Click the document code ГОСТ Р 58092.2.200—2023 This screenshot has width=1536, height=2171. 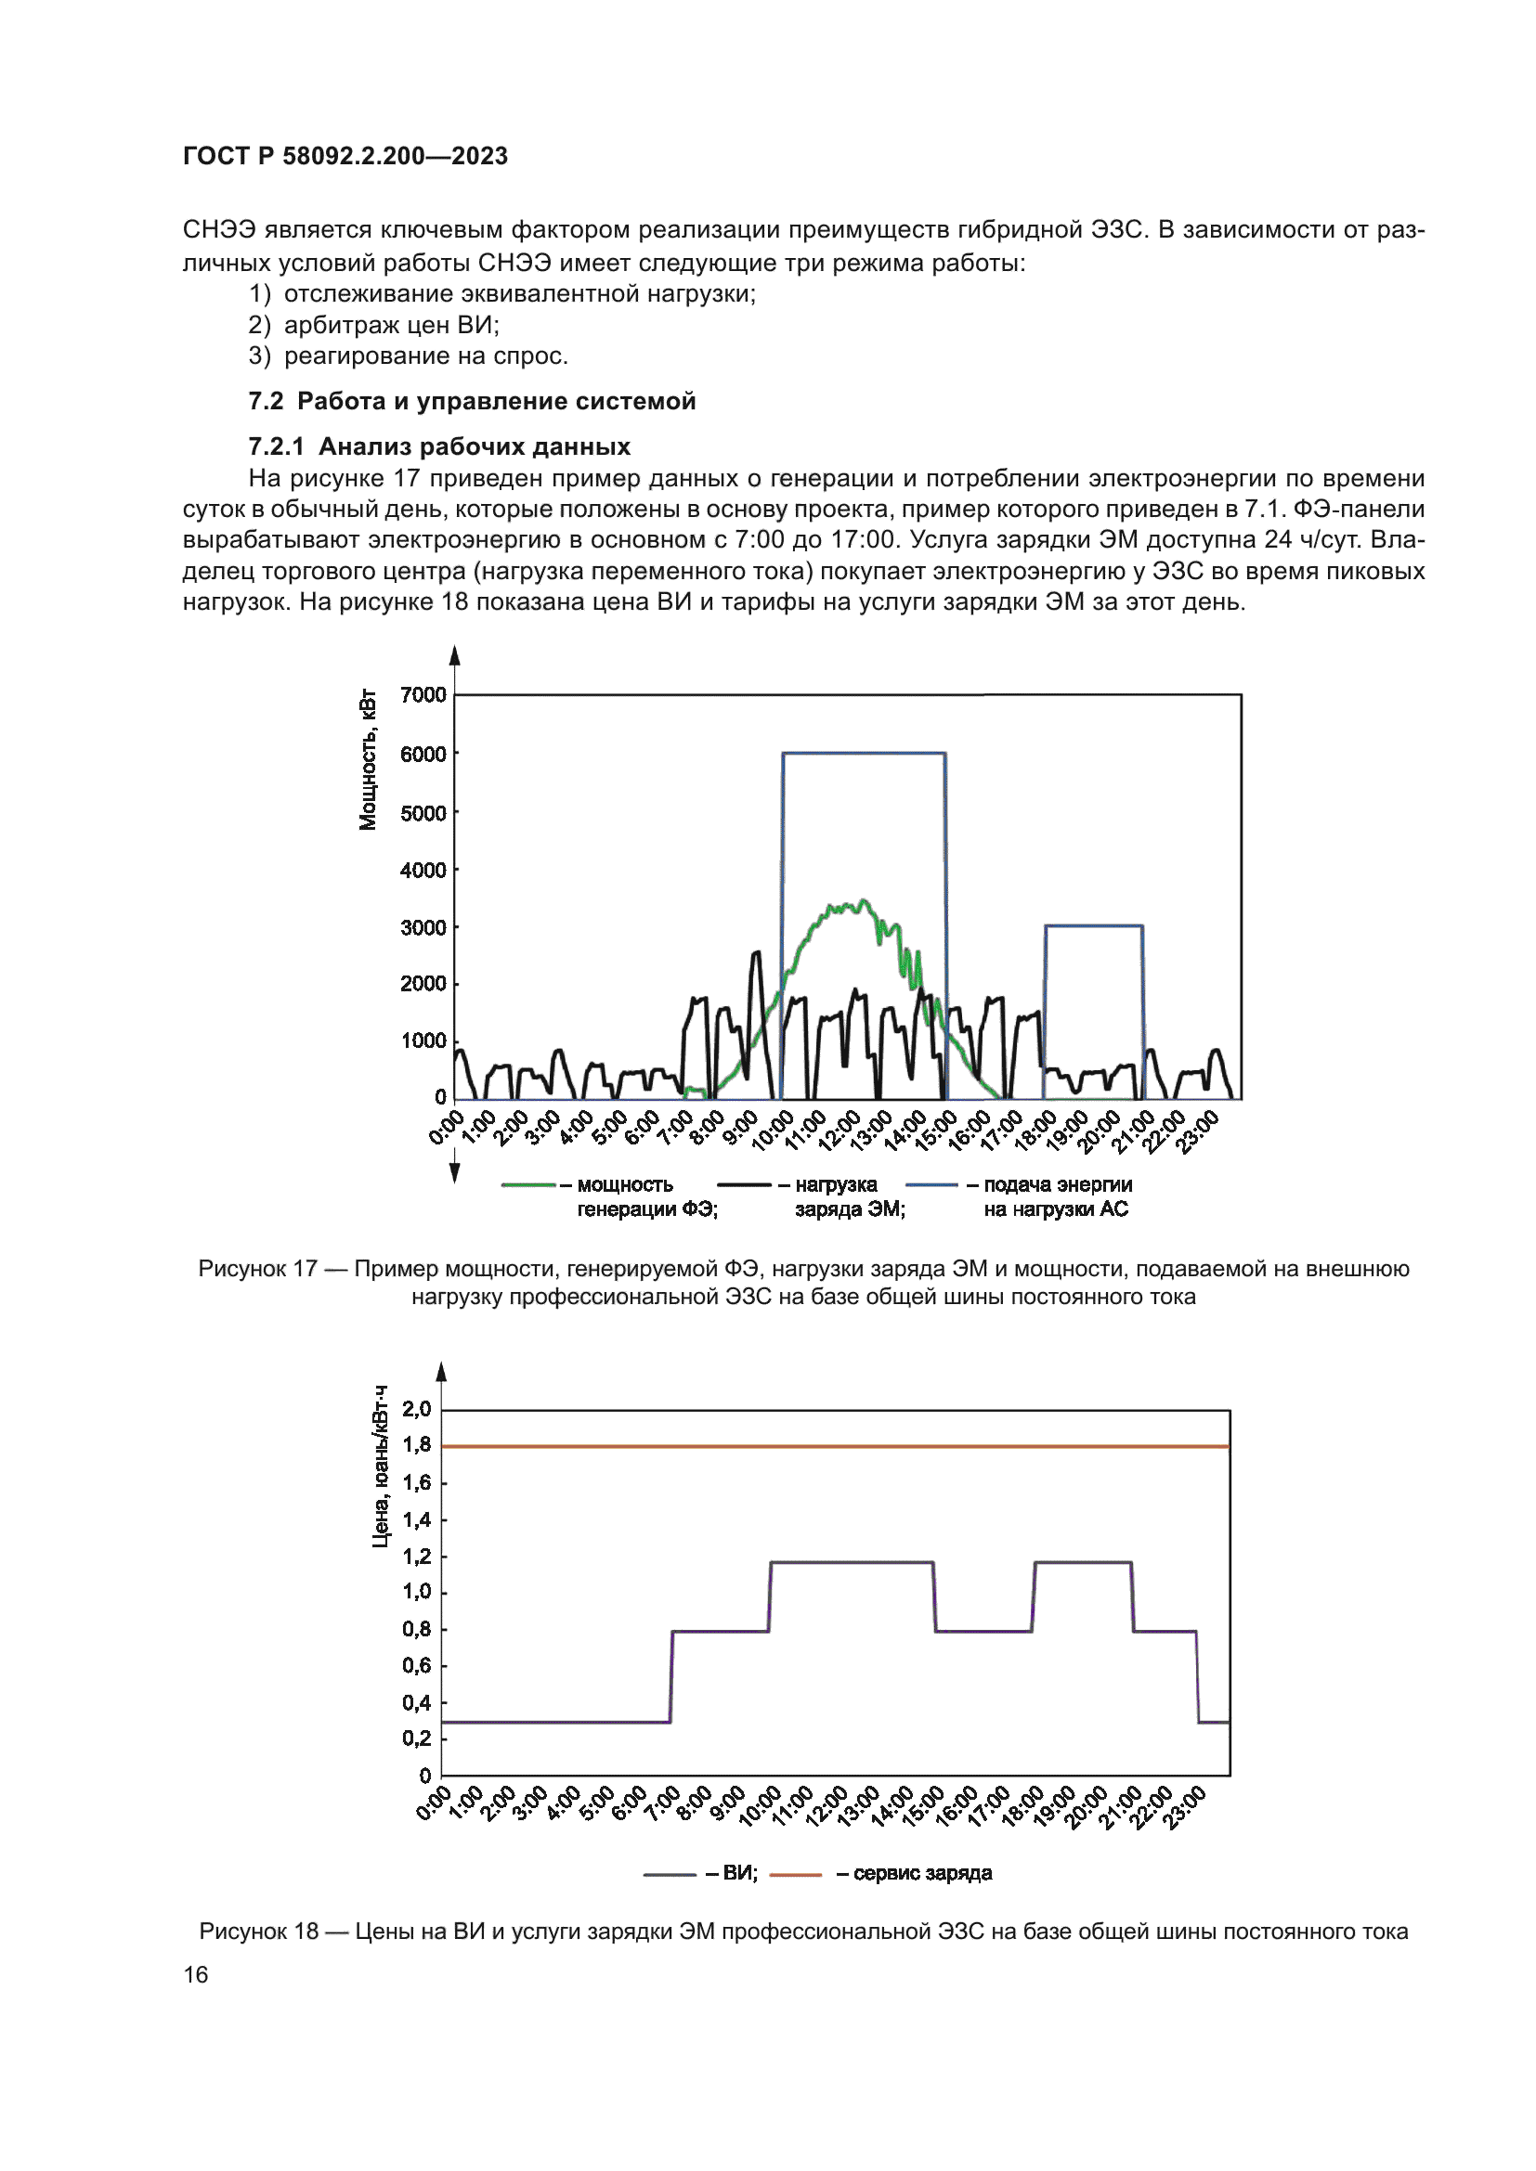[x=345, y=156]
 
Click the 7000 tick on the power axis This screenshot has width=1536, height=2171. [x=423, y=695]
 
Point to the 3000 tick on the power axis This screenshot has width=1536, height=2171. [x=423, y=927]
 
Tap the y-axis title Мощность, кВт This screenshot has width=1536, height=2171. [x=368, y=760]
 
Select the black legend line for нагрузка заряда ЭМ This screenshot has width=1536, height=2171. [x=744, y=1184]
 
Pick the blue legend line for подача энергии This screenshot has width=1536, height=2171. [x=931, y=1184]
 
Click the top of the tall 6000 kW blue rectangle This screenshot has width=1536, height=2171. [x=864, y=754]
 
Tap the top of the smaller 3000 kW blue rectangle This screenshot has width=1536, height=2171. [x=1093, y=925]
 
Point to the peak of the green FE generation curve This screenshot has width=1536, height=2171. [x=862, y=901]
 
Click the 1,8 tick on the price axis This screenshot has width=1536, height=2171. [x=416, y=1445]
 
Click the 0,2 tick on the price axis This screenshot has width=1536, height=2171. [x=416, y=1738]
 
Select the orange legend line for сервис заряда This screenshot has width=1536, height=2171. [x=796, y=1874]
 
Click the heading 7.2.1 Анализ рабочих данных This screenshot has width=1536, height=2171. [x=439, y=446]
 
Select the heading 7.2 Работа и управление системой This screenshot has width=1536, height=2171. [x=471, y=401]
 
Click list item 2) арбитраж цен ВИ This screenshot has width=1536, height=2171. [x=373, y=324]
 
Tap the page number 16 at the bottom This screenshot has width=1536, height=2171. [x=195, y=1974]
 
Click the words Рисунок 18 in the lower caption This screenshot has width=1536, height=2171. [x=258, y=1931]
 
